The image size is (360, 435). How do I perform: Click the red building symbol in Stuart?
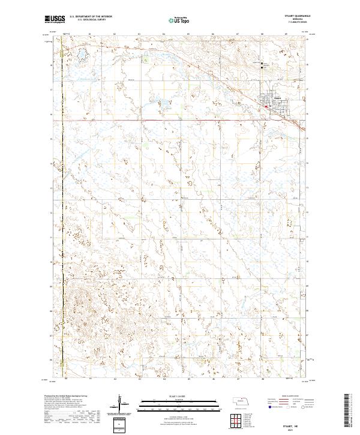coord(266,107)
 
